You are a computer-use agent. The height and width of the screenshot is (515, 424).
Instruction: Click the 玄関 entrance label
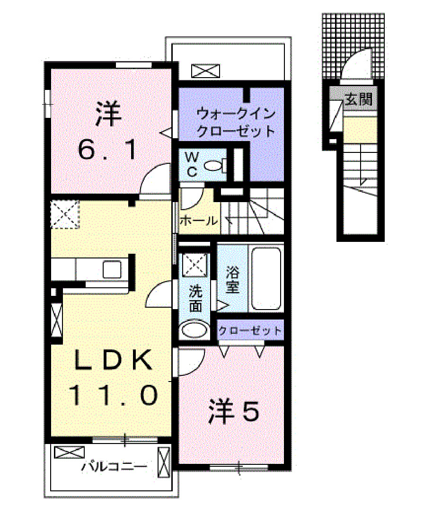[358, 100]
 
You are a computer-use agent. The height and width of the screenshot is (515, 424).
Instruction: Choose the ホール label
[199, 221]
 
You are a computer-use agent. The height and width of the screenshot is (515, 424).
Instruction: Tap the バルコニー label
[113, 467]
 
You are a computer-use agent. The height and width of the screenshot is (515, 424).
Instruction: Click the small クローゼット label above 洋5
[250, 330]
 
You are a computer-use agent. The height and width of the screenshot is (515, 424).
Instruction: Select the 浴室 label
[232, 280]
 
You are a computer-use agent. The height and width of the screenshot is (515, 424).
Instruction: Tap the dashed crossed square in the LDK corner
[65, 214]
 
